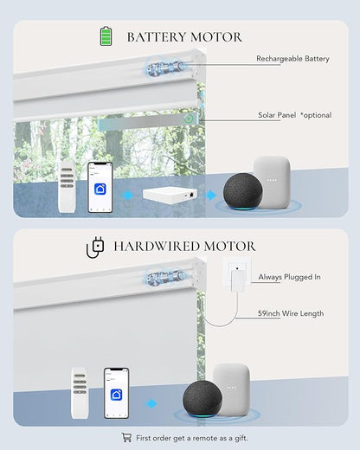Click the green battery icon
(106, 36)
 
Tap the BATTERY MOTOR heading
(184, 37)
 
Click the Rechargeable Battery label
(292, 59)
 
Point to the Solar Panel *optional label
(294, 115)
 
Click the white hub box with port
(170, 196)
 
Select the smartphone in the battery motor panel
(100, 187)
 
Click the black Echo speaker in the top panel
(243, 191)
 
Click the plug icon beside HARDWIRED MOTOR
(95, 247)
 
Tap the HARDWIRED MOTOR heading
(184, 247)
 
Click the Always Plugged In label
(289, 277)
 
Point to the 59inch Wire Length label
(291, 313)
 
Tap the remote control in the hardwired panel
(80, 393)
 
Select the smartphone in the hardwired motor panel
(116, 393)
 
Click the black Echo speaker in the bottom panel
(202, 399)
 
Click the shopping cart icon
(126, 437)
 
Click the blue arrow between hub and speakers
(211, 196)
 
